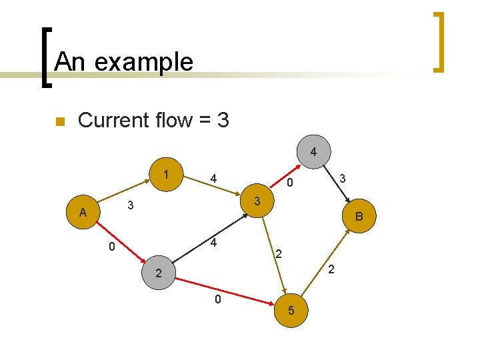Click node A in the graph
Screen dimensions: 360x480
pyautogui.click(x=83, y=213)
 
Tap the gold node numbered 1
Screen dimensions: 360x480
pyautogui.click(x=165, y=175)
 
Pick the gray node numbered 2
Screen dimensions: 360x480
pyautogui.click(x=158, y=273)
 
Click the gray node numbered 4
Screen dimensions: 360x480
pyautogui.click(x=313, y=152)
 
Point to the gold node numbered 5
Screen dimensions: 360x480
pyautogui.click(x=291, y=311)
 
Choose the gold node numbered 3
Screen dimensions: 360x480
pyautogui.click(x=257, y=201)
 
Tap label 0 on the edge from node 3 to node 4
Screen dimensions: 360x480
pyautogui.click(x=290, y=183)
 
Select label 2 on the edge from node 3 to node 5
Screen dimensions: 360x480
pyautogui.click(x=279, y=254)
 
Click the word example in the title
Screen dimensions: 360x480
pyautogui.click(x=145, y=62)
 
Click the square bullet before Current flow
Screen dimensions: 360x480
pyautogui.click(x=59, y=121)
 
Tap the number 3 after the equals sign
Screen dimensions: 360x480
pyautogui.click(x=223, y=120)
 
